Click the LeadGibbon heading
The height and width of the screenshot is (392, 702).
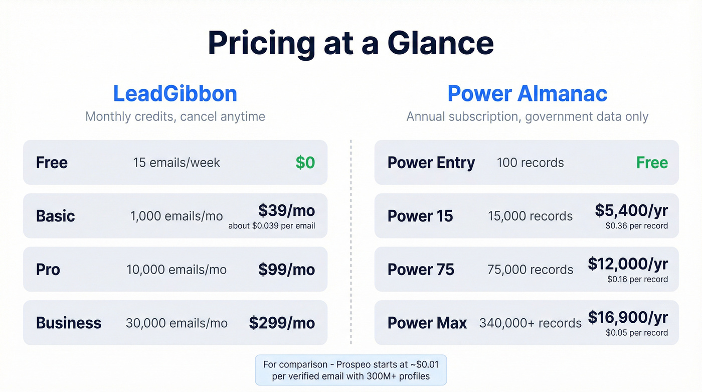pos(175,94)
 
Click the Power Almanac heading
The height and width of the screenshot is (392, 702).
pos(527,94)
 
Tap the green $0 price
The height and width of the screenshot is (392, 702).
pos(305,163)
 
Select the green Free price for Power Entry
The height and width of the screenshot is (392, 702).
pos(652,163)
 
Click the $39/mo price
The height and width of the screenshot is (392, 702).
pos(286,210)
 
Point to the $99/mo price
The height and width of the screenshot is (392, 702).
pos(286,270)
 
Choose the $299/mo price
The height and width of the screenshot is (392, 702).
pos(282,323)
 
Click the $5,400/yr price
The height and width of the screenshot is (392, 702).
pos(631,210)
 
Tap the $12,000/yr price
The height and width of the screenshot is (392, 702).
pos(628,264)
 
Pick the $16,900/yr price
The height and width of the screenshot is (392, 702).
pos(628,317)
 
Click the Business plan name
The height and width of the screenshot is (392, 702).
pos(69,323)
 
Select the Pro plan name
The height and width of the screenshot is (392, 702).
pos(48,270)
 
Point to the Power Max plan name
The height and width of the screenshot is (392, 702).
pos(427,323)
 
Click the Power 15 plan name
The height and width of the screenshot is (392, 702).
pos(420,216)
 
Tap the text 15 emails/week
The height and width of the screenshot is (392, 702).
pos(177,163)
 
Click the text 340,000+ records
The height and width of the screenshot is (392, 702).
pos(531,323)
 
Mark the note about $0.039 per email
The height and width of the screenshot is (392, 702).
pos(272,226)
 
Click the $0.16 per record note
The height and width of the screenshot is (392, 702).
pos(637,279)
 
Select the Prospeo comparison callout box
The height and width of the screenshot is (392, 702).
pos(351,370)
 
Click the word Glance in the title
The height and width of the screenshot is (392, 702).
pos(441,43)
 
